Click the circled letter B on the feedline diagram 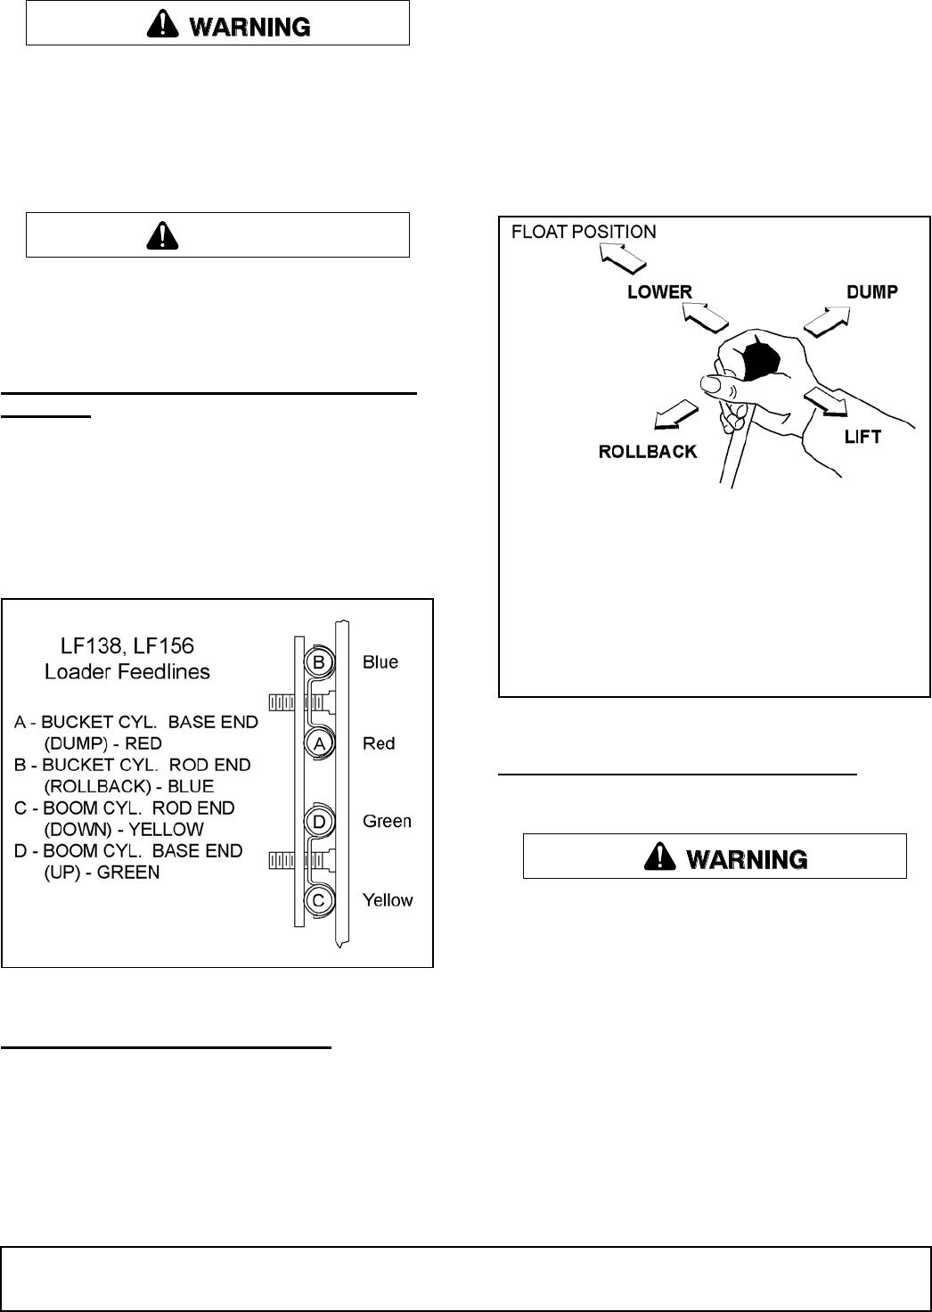point(318,662)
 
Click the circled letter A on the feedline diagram point(318,742)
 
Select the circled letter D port point(318,820)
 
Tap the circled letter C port point(318,900)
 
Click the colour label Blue point(380,662)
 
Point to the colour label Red point(379,743)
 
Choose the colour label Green point(387,821)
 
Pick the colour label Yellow point(388,900)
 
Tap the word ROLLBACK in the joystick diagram point(648,452)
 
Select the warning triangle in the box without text point(162,234)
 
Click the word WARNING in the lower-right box point(748,858)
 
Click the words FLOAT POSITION point(584,232)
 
